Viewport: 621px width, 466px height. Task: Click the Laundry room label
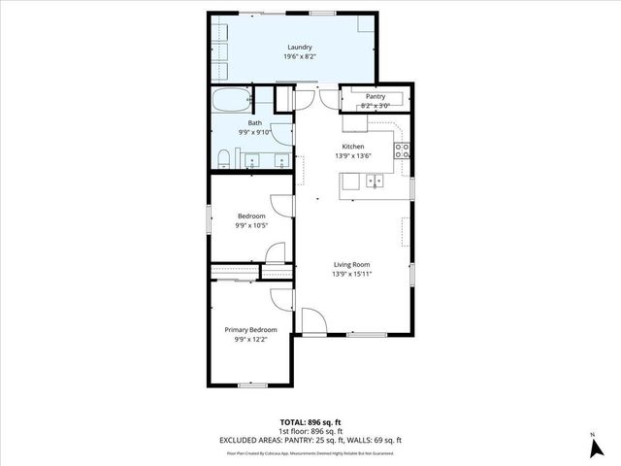298,47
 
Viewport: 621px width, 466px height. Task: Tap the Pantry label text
375,96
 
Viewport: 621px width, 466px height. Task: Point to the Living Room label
352,264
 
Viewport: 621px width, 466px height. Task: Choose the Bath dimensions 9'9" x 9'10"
255,133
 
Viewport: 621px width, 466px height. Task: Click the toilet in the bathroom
223,158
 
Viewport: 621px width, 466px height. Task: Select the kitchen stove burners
402,150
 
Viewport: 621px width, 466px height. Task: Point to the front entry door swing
312,321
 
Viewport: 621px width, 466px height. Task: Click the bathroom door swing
282,135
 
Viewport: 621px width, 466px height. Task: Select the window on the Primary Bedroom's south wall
251,385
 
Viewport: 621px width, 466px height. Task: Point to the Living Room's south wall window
361,334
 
